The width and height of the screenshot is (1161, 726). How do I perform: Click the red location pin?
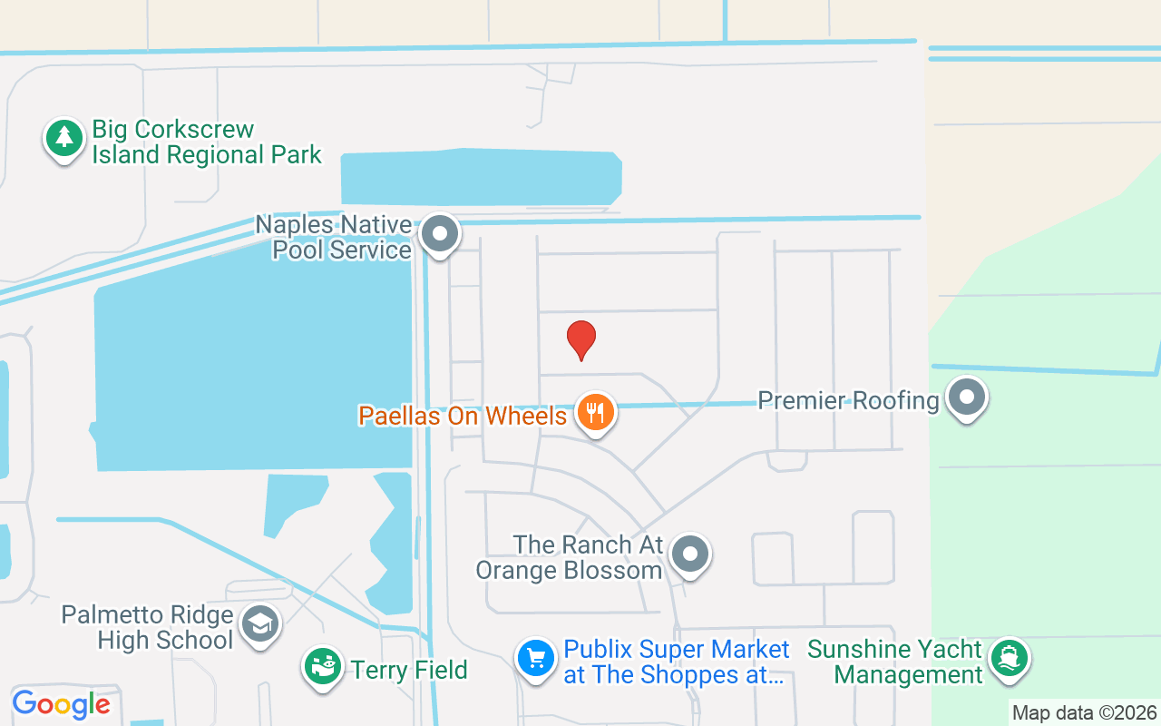(581, 339)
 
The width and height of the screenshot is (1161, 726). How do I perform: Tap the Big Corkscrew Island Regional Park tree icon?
(63, 138)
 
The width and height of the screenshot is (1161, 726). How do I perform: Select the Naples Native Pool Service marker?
(441, 233)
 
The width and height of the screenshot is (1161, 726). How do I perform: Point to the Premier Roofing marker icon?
(967, 397)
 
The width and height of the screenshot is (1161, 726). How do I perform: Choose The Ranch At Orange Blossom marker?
(691, 553)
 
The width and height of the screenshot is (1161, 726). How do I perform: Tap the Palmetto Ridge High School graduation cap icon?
(260, 623)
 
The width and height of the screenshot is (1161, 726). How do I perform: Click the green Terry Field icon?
(322, 666)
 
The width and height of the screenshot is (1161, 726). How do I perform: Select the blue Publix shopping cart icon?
(535, 658)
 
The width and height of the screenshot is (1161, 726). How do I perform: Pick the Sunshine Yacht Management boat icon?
(1009, 656)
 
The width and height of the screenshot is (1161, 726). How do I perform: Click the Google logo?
(61, 704)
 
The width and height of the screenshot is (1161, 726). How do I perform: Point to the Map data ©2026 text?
(1085, 712)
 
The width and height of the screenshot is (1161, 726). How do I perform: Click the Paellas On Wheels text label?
(463, 416)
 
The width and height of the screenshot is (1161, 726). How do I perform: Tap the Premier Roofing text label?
(848, 400)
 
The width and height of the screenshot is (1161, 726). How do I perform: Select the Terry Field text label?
(409, 671)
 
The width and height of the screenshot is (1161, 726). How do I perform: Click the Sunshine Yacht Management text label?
(895, 662)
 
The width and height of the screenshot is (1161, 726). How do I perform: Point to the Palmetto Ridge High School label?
(147, 627)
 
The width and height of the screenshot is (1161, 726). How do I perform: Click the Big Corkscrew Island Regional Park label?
(207, 142)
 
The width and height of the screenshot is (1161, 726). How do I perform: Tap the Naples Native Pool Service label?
(334, 237)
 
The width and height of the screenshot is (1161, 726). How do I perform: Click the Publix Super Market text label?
(677, 662)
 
